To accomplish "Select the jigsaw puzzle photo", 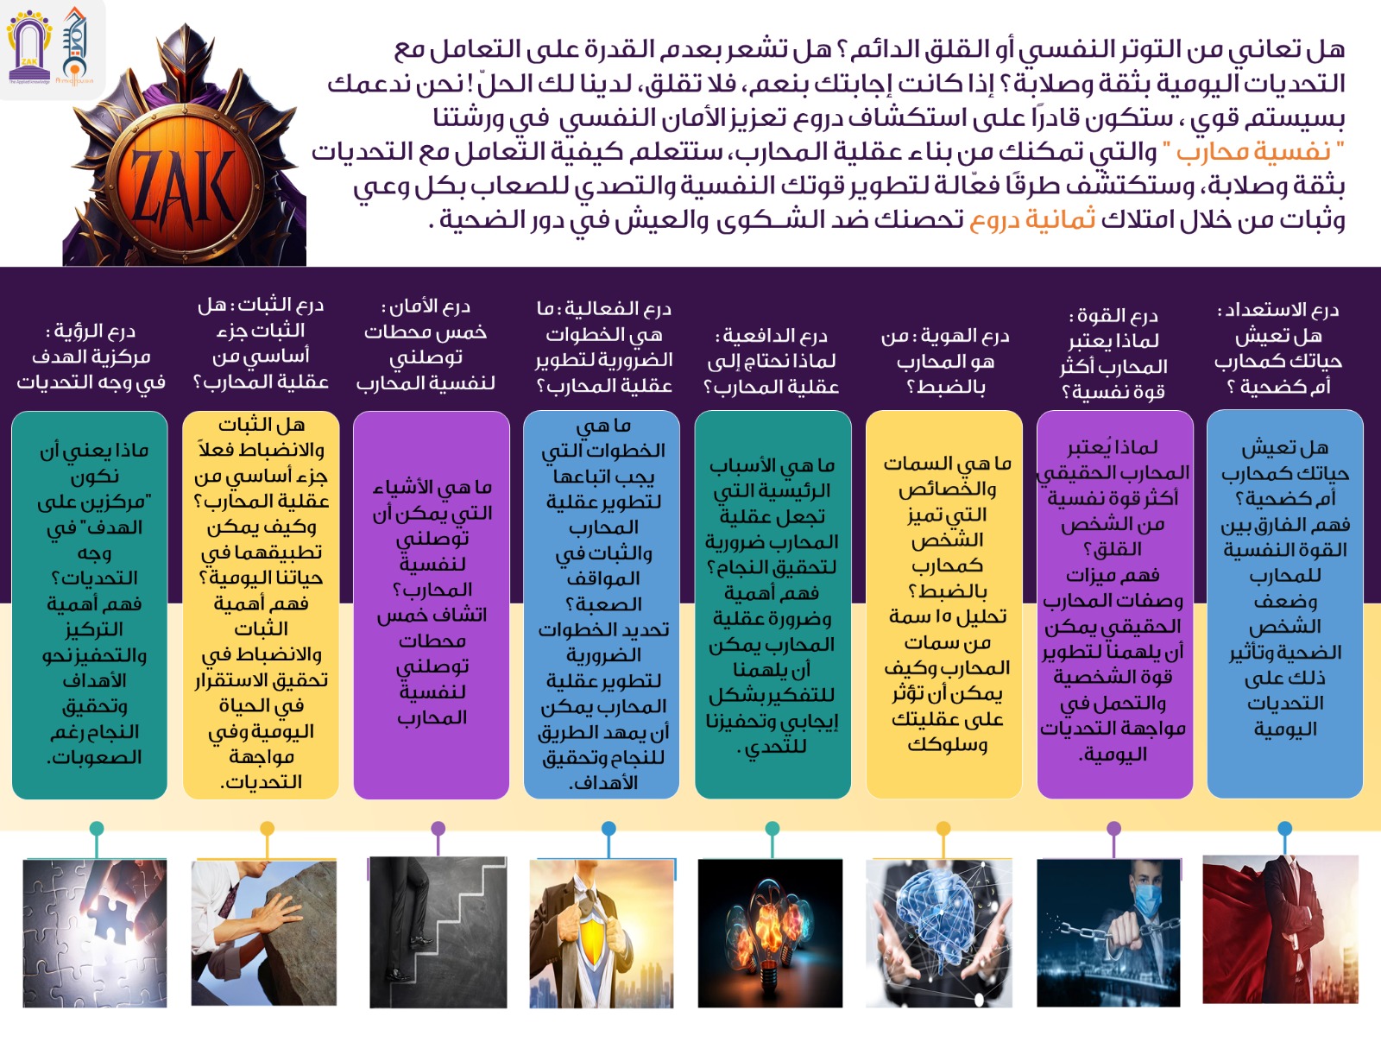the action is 95,934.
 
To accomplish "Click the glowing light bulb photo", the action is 770,934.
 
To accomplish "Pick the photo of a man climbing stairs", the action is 438,932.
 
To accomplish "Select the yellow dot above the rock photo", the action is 268,828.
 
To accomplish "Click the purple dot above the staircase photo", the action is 438,828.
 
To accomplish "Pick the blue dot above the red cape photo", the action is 1284,828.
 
